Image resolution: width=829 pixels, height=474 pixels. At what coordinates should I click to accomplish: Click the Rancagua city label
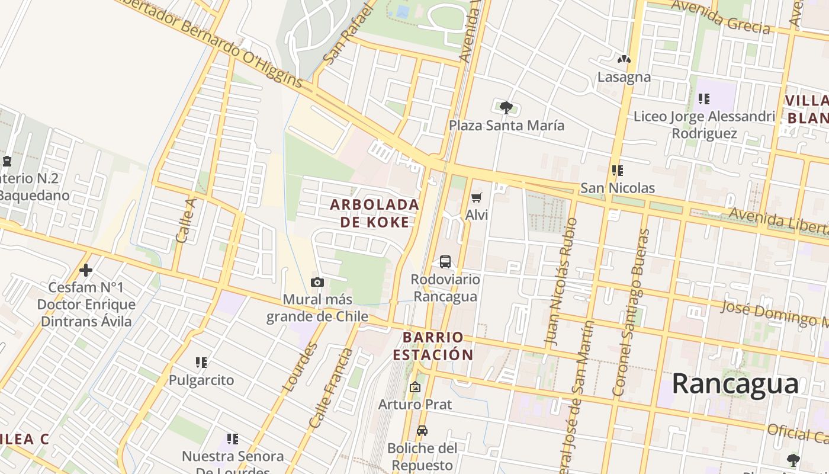point(735,383)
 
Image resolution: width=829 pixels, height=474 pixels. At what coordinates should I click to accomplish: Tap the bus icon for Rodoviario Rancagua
point(445,261)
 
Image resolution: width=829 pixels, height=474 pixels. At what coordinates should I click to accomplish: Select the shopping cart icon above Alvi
point(477,197)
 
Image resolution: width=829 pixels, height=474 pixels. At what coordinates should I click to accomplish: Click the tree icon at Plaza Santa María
point(506,108)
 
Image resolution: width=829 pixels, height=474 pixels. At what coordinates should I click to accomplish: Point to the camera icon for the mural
point(317,282)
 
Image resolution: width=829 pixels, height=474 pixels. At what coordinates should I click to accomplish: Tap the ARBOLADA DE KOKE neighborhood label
point(374,213)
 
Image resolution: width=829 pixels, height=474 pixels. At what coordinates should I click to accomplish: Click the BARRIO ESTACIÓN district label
point(433,346)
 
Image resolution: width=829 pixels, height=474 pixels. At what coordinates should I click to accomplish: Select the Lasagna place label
point(624,77)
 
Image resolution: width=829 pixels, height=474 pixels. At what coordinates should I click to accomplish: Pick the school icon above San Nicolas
point(617,171)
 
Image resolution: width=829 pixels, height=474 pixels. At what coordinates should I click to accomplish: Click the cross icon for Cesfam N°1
point(86,270)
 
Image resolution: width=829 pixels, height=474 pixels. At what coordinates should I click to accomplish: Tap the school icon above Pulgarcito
point(201,362)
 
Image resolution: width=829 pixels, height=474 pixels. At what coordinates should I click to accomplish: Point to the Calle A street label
point(185,220)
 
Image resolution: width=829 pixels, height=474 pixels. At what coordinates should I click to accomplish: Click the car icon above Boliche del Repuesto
point(422,431)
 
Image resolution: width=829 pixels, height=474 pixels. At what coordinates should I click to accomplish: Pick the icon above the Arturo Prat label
point(415,387)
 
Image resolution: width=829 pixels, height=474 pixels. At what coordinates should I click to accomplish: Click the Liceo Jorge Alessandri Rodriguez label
point(704,124)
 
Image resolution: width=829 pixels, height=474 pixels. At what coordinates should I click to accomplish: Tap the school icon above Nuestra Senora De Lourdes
point(233,439)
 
